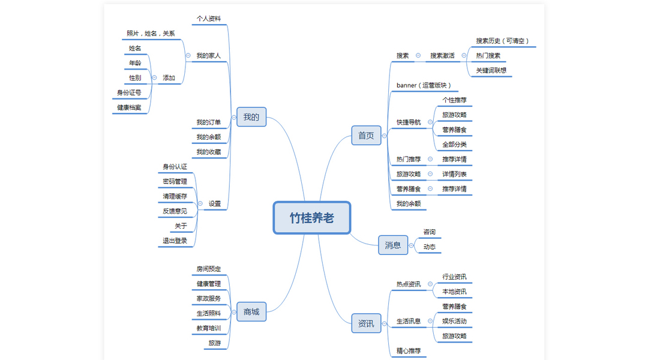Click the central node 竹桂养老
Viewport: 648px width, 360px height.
tap(311, 217)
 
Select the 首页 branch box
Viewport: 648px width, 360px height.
tap(366, 136)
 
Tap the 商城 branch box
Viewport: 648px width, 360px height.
tap(251, 311)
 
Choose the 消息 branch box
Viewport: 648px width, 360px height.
tap(393, 245)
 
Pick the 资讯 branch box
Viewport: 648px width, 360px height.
tap(366, 324)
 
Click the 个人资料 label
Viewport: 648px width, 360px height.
tap(209, 19)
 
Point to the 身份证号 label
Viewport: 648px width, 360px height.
tap(129, 93)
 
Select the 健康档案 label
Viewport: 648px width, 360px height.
tap(129, 108)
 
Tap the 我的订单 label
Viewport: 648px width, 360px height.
tap(209, 122)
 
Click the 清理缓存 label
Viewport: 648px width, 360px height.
tap(175, 196)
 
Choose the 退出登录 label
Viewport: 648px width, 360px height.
tap(175, 241)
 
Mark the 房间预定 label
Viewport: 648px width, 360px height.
tap(209, 269)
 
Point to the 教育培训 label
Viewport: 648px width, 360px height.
tap(209, 329)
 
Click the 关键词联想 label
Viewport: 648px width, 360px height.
tap(491, 70)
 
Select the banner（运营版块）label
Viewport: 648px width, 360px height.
tap(424, 85)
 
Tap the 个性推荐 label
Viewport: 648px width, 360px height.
tap(454, 100)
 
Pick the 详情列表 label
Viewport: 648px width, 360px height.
tap(454, 174)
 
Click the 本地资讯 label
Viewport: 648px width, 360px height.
tap(454, 292)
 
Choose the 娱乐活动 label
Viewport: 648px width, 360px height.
tap(454, 321)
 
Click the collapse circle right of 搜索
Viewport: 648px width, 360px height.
tap(418, 56)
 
